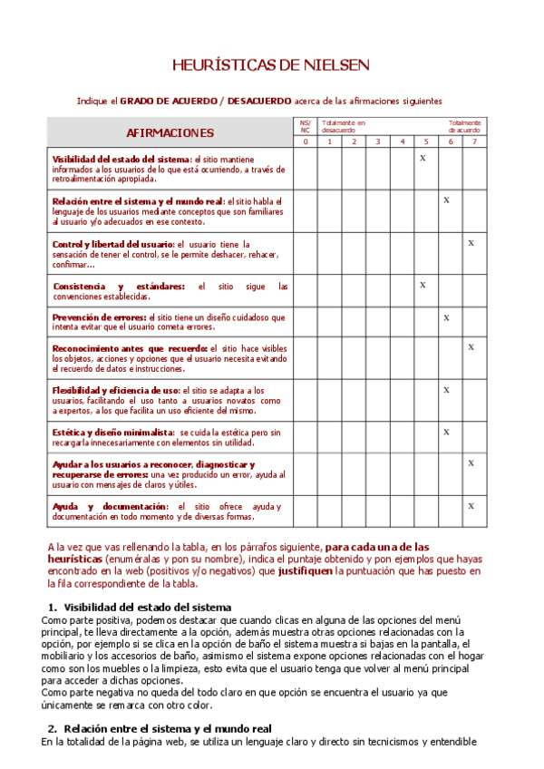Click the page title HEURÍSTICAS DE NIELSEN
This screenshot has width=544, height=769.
(271, 65)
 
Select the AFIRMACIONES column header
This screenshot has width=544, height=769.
(170, 132)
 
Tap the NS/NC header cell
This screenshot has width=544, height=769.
(305, 126)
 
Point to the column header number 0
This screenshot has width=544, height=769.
(305, 141)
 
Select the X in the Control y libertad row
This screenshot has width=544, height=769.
(471, 243)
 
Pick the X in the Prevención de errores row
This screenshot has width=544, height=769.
(447, 317)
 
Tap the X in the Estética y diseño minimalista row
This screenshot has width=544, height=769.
(447, 432)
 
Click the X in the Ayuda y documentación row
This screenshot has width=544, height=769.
(471, 505)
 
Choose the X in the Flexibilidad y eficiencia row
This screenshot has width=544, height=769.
(447, 390)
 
